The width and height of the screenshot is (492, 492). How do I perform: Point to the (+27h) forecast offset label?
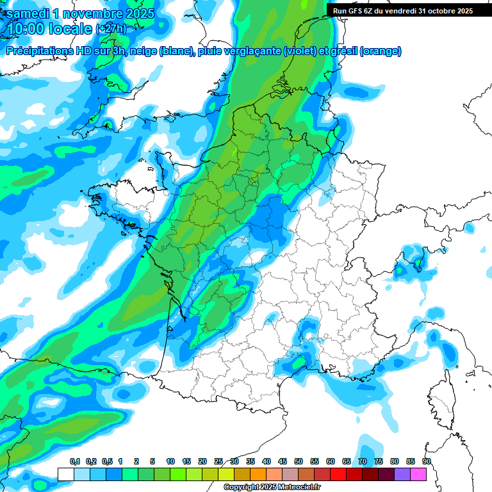[111, 29]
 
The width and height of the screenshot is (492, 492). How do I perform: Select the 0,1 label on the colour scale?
[75, 461]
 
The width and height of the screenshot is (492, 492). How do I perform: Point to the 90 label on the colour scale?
[427, 461]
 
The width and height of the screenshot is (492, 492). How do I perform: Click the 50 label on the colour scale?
[299, 461]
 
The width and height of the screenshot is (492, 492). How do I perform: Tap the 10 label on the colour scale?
[170, 461]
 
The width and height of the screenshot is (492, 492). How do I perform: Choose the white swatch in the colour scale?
[65, 474]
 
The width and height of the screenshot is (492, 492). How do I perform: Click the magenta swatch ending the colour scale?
[418, 474]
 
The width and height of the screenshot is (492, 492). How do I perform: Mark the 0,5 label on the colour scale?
[107, 461]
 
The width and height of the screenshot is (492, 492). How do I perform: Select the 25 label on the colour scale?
[218, 461]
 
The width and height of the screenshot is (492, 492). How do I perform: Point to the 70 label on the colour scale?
[363, 461]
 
